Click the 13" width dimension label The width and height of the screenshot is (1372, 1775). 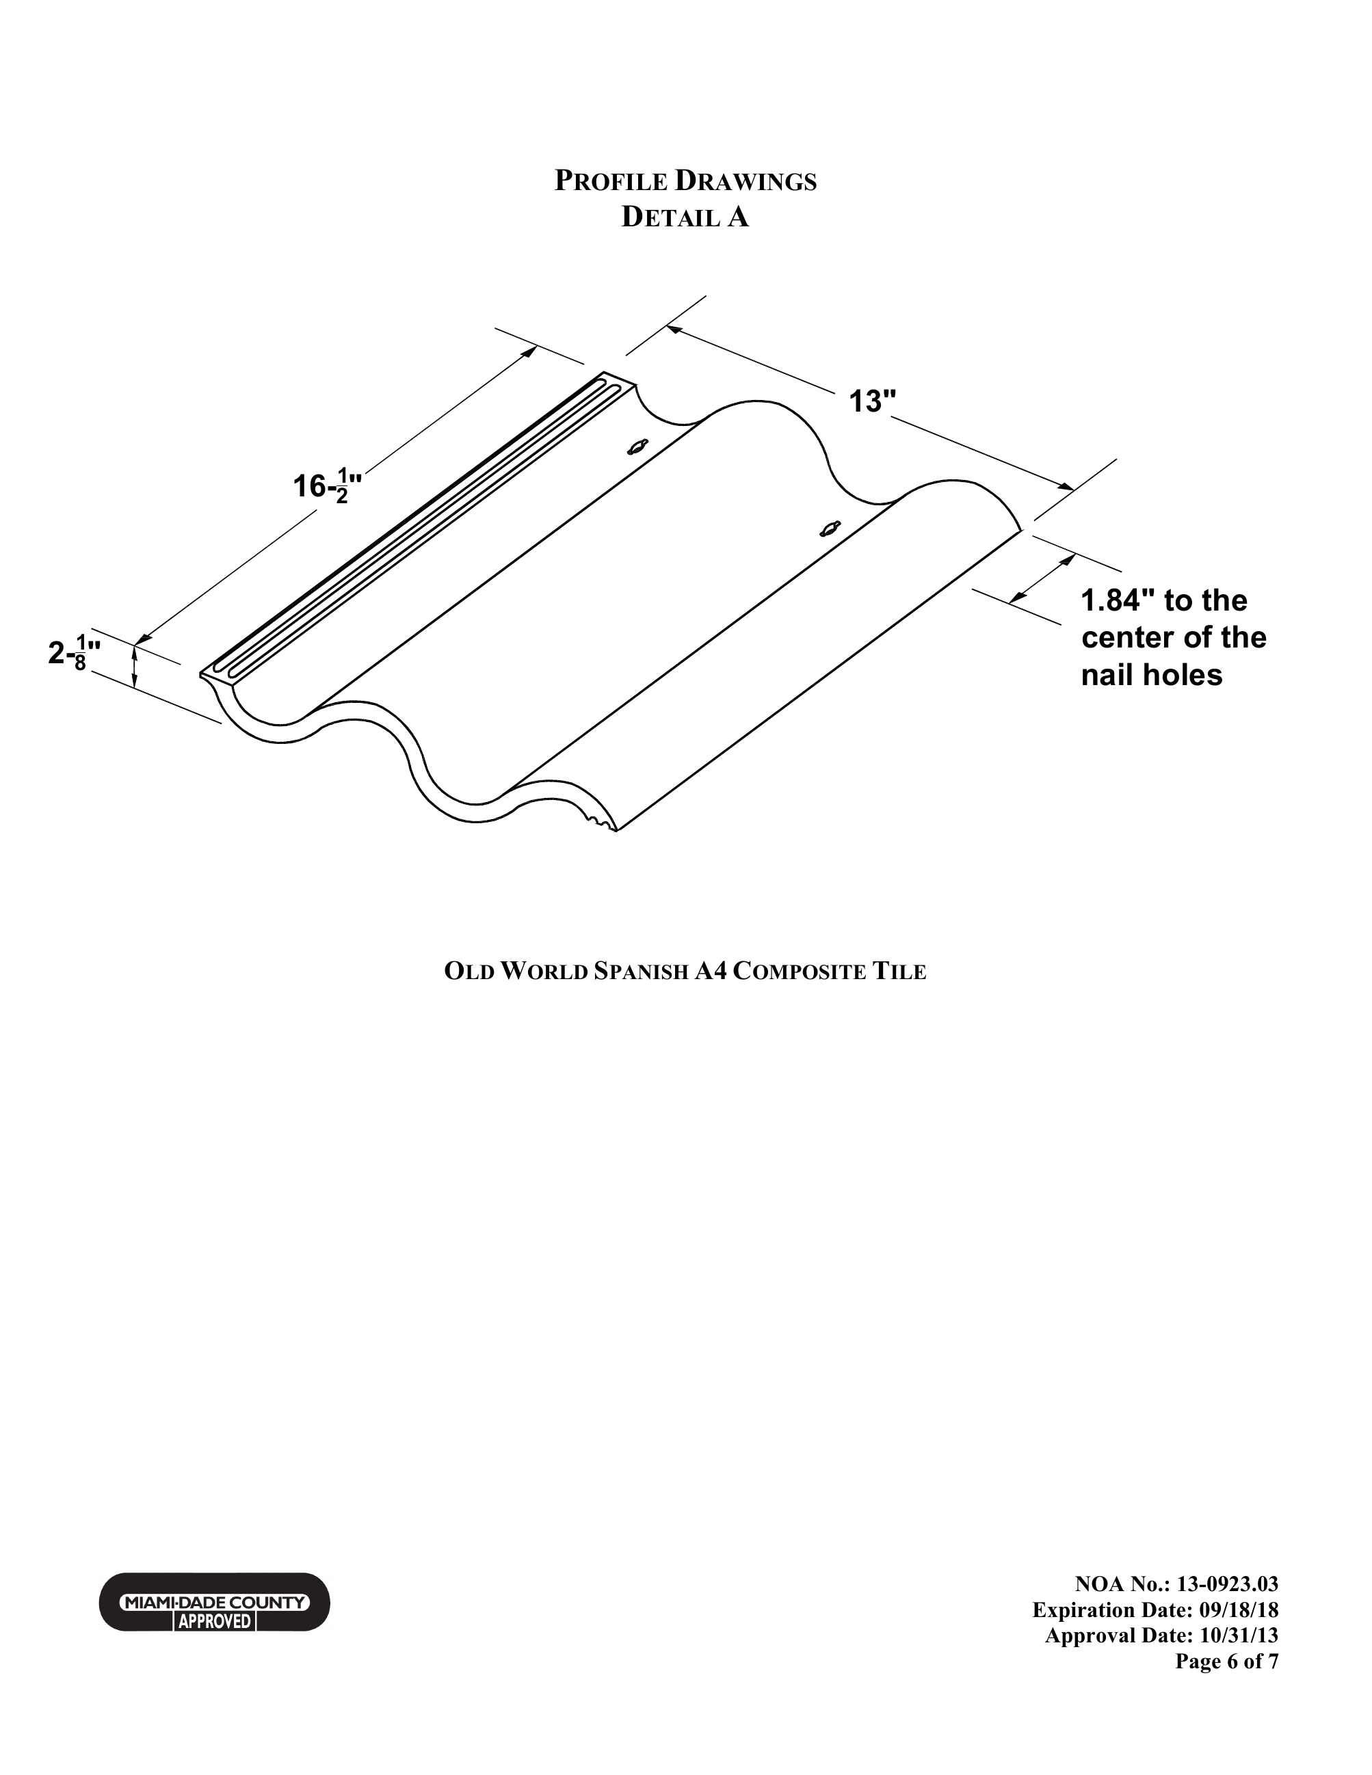[x=873, y=401]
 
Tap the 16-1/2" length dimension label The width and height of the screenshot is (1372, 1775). [x=328, y=485]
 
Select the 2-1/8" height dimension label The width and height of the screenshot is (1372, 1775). [x=75, y=654]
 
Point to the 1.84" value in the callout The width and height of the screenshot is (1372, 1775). [x=1118, y=600]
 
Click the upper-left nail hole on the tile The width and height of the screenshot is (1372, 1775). [x=639, y=446]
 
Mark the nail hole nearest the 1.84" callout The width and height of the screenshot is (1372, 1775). [x=828, y=529]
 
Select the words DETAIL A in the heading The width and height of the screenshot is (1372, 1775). [x=685, y=217]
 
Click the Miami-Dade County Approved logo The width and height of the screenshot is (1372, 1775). [x=215, y=1601]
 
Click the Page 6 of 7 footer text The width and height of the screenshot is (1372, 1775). [x=1226, y=1661]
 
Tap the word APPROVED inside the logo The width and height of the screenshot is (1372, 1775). [x=215, y=1620]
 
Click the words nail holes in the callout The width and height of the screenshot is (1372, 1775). [x=1152, y=676]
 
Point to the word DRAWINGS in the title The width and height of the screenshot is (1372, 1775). [x=746, y=181]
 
